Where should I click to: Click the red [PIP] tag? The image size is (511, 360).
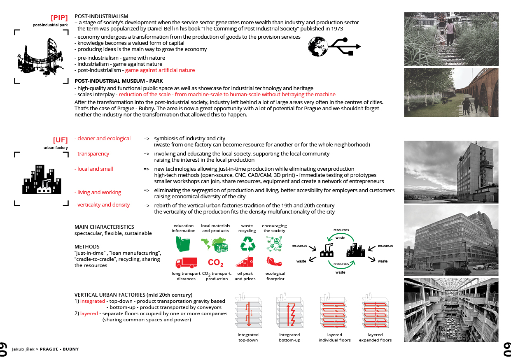pos(59,18)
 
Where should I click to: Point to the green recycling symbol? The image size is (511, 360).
pos(247,243)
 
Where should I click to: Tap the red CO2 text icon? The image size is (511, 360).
pos(216,262)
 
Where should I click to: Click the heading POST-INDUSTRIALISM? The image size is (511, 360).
pos(101,16)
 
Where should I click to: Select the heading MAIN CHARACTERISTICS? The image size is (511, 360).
pos(104,227)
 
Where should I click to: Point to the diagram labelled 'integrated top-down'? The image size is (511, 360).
pos(248,312)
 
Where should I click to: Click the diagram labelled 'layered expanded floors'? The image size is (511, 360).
pos(375,312)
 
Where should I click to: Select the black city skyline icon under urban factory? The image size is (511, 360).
pos(42,179)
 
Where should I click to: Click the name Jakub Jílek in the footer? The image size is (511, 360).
pos(23,349)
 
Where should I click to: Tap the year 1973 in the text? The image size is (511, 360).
pos(336,29)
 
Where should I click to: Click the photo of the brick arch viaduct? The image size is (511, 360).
pos(451,93)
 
